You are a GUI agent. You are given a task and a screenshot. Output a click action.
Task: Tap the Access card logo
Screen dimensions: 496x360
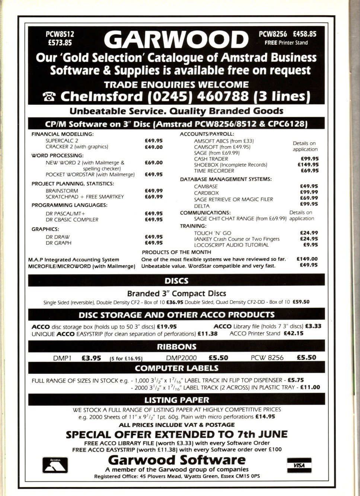coord(55,465)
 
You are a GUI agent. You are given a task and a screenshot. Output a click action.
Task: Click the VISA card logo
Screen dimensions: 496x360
coord(299,465)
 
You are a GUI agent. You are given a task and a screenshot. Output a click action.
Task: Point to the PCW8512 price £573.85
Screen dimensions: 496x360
coord(60,42)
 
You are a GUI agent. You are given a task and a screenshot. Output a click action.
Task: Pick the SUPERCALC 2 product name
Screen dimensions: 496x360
coord(62,141)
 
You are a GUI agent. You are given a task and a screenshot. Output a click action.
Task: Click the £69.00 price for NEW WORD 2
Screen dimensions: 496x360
coord(153,162)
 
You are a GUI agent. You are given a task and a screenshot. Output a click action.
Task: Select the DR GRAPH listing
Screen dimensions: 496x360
coord(58,243)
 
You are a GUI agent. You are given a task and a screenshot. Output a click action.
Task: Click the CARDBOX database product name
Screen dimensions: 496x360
coord(206,193)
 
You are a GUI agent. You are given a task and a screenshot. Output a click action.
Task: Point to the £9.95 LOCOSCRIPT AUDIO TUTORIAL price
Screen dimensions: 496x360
coord(310,245)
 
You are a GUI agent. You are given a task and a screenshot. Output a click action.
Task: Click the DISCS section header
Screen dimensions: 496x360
coord(176,281)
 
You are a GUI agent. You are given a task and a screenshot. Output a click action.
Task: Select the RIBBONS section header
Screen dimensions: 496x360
coord(176,347)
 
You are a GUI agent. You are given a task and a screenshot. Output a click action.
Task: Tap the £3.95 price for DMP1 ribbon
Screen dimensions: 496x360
coord(91,358)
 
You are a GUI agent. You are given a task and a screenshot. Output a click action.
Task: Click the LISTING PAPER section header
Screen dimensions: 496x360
coord(176,400)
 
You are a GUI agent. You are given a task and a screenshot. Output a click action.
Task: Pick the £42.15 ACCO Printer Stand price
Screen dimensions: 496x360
coord(293,333)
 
